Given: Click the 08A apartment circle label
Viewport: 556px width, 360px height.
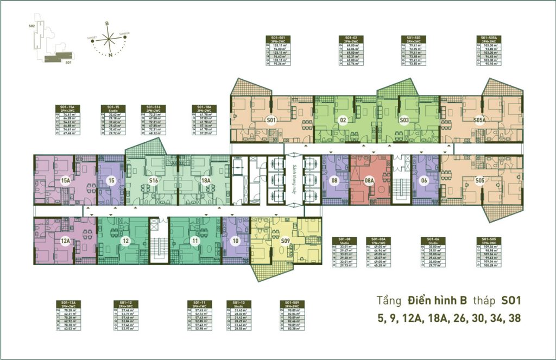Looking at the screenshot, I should (369, 180).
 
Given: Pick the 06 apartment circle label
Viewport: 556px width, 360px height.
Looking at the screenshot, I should (425, 180).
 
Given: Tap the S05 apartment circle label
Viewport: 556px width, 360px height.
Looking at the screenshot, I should (479, 180).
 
